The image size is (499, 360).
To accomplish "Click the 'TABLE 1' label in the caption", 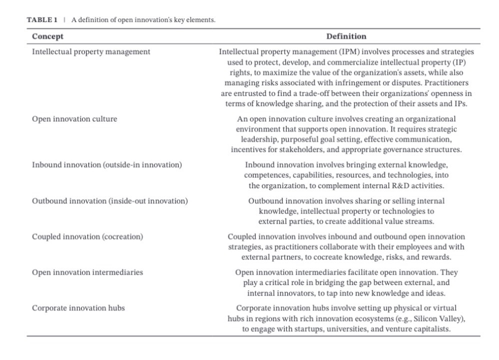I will [42, 20].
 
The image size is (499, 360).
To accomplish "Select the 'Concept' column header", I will [47, 36].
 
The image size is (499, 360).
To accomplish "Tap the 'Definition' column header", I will [346, 36].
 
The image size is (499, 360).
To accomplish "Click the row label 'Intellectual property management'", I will [91, 51].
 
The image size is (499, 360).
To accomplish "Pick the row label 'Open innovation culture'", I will [74, 119].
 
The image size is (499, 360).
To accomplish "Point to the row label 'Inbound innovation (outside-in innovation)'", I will [106, 165].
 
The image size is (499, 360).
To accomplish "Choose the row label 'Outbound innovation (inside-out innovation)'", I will [109, 201].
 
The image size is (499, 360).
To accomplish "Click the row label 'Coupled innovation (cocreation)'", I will [87, 237].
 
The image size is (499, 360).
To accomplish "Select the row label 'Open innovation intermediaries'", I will [87, 272].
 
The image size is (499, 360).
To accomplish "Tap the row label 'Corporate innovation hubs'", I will [78, 308].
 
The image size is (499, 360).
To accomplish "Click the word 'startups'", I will [315, 329].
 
